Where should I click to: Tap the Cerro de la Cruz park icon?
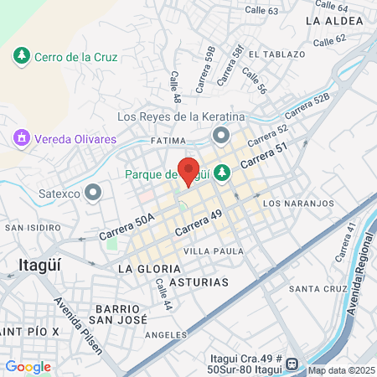pyautogui.click(x=20, y=57)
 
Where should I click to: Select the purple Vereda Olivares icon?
pyautogui.click(x=20, y=137)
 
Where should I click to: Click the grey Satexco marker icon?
pyautogui.click(x=93, y=194)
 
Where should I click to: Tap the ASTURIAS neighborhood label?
pyautogui.click(x=199, y=282)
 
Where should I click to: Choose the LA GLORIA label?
pyautogui.click(x=149, y=268)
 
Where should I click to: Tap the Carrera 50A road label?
pyautogui.click(x=127, y=227)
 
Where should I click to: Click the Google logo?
pyautogui.click(x=28, y=366)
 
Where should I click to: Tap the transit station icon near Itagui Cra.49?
pyautogui.click(x=291, y=364)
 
